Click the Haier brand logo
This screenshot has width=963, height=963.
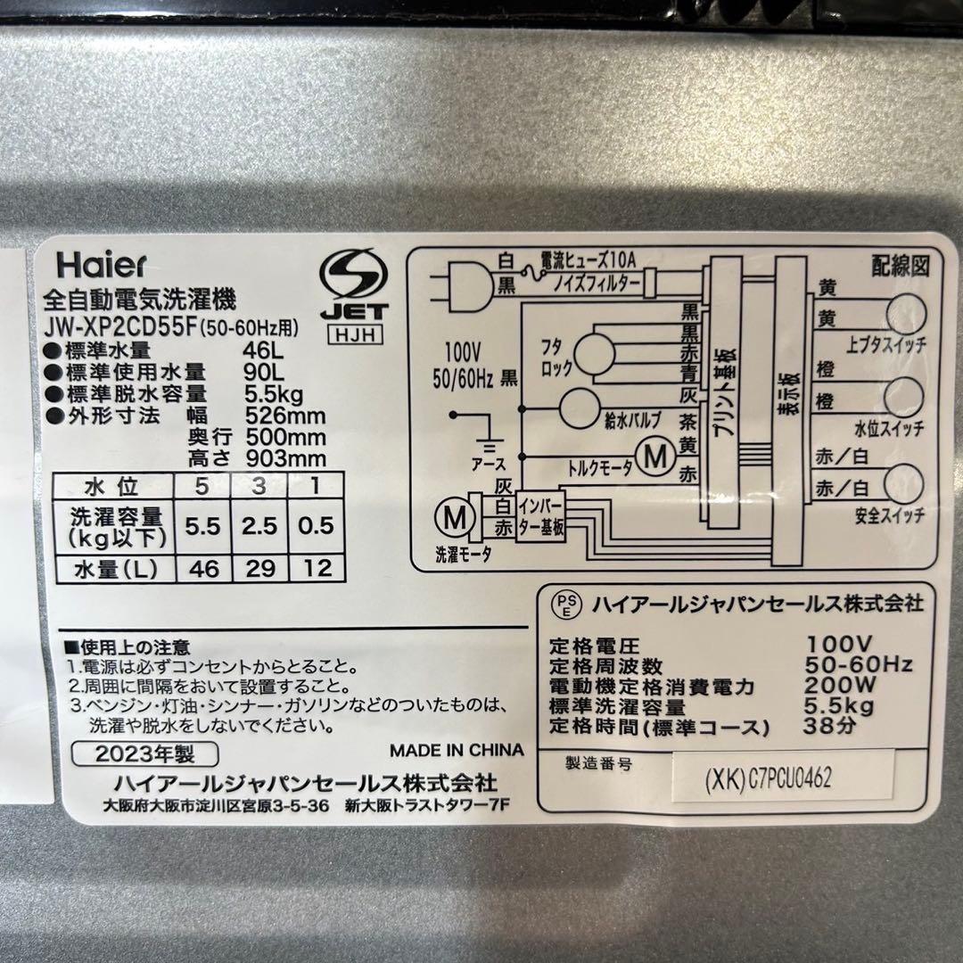[x=101, y=265]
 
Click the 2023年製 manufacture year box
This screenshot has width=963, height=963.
[x=144, y=753]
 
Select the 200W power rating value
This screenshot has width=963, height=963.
[x=835, y=687]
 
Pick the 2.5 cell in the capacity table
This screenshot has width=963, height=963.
[x=259, y=526]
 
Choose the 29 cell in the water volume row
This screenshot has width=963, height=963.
[x=259, y=568]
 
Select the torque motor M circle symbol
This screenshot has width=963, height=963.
[x=656, y=457]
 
